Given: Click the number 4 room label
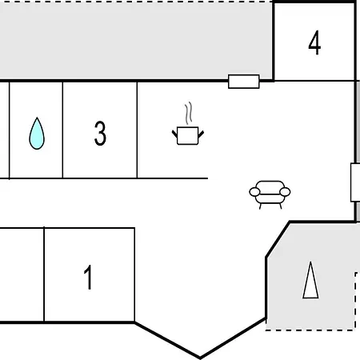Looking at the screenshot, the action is [314, 42].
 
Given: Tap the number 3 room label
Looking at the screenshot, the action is [100, 134].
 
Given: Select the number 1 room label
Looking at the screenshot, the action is [88, 277].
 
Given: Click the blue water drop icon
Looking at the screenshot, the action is [37, 134].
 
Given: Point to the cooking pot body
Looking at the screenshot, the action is [188, 136].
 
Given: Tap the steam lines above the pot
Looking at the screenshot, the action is [189, 113].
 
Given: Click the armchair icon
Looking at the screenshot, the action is [270, 194].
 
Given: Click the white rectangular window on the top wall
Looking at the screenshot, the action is [244, 82].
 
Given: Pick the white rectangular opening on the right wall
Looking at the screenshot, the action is [355, 182].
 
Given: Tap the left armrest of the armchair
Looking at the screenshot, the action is [254, 192].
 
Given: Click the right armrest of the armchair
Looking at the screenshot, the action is [285, 192].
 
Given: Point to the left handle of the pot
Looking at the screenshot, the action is [174, 134].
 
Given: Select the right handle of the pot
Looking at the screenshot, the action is [201, 134].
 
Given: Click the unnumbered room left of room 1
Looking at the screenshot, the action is [22, 275].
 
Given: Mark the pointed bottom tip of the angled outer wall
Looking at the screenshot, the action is [200, 358].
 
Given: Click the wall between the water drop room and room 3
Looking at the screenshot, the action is [62, 130].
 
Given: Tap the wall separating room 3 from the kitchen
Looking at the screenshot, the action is [137, 130].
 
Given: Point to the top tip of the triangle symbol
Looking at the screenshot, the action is [310, 262].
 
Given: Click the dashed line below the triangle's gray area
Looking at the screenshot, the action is [310, 330].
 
